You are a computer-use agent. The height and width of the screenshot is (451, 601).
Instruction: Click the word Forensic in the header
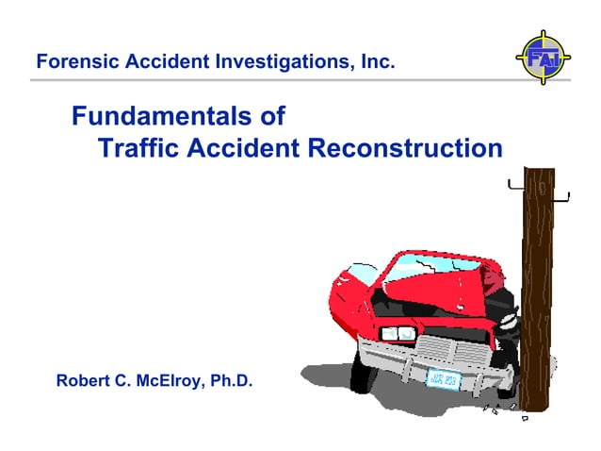pos(70,63)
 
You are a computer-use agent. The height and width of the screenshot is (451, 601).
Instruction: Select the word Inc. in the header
pos(376,63)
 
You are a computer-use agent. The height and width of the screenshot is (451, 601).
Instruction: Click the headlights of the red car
pos(397,333)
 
